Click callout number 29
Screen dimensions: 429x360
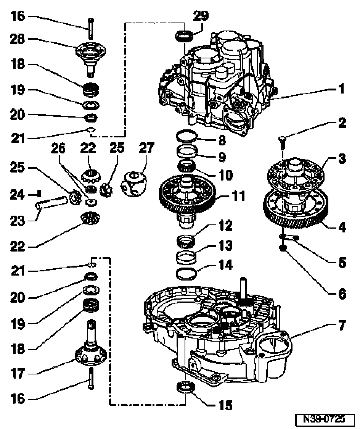[x=201, y=16]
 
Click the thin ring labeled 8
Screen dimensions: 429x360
[x=187, y=136]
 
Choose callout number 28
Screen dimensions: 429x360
[x=18, y=39]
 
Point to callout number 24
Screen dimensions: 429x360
[x=18, y=195]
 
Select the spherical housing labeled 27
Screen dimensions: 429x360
[x=133, y=183]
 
